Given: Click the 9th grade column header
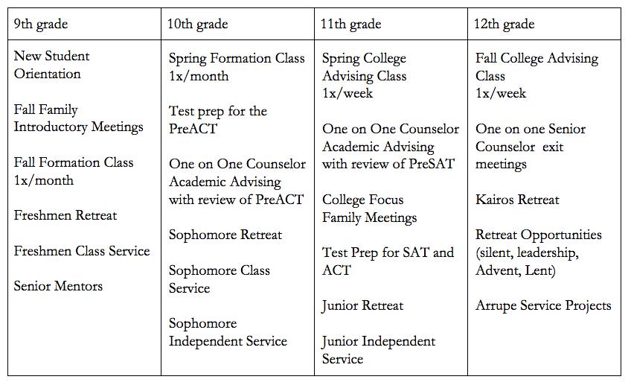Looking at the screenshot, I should click(41, 25).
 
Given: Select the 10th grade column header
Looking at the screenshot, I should click(199, 25).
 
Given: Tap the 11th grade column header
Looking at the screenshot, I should click(350, 25).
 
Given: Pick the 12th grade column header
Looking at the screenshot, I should click(505, 25).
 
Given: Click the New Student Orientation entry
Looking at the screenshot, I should click(51, 65).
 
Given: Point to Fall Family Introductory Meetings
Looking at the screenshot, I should click(78, 118).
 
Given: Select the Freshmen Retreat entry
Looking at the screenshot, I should click(65, 216).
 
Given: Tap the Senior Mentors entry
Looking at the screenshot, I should click(58, 286).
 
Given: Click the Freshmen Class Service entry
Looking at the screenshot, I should click(82, 251).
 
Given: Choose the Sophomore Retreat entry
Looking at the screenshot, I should click(225, 235).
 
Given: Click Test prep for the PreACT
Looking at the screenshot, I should click(217, 119).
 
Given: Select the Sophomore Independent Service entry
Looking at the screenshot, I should click(228, 332).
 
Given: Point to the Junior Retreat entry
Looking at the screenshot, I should click(362, 305).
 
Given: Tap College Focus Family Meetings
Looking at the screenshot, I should click(369, 209).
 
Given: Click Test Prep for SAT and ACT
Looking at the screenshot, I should click(388, 261).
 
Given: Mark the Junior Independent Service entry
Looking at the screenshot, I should click(379, 349).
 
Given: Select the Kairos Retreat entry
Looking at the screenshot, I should click(517, 200).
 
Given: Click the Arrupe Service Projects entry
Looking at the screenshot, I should click(543, 305).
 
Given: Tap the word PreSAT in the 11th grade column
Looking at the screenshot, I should click(429, 164).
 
